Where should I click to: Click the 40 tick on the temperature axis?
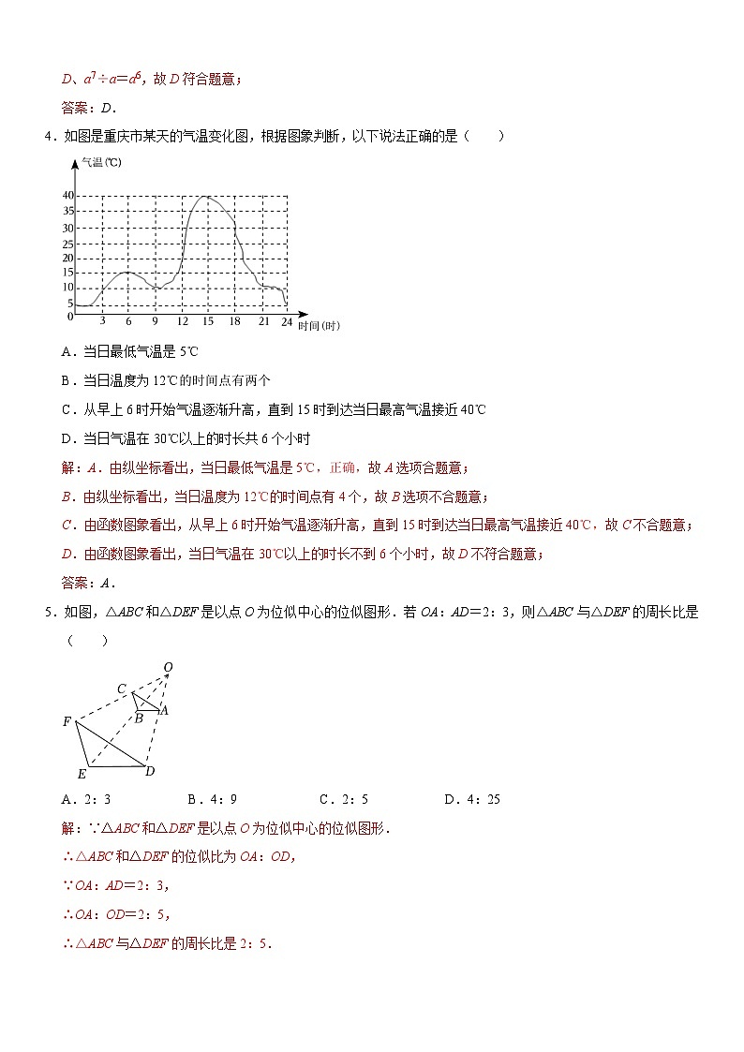click(67, 195)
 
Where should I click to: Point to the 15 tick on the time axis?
click(207, 321)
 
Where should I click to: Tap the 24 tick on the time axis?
click(287, 321)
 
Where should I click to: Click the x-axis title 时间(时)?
click(319, 326)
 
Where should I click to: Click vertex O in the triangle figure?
click(168, 667)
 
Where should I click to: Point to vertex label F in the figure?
click(67, 721)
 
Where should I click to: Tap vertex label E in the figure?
click(82, 774)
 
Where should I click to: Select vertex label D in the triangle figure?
click(150, 771)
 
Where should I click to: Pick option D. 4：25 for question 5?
click(472, 799)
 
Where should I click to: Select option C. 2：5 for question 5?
click(343, 799)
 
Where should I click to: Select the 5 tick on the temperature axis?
click(69, 304)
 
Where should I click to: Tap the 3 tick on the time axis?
click(101, 321)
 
